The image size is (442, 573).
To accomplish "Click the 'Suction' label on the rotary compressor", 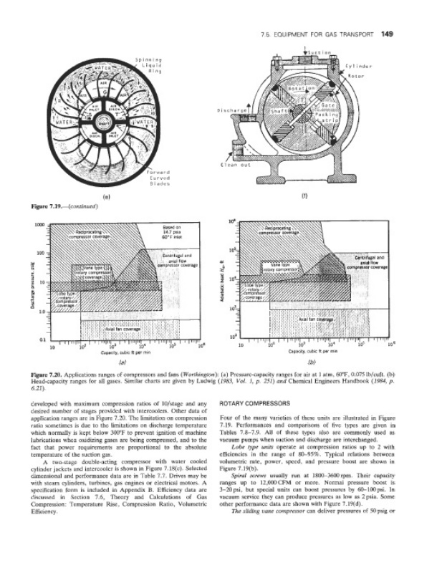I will (x=317, y=52).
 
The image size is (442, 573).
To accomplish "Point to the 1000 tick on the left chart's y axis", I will (x=41, y=226).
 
